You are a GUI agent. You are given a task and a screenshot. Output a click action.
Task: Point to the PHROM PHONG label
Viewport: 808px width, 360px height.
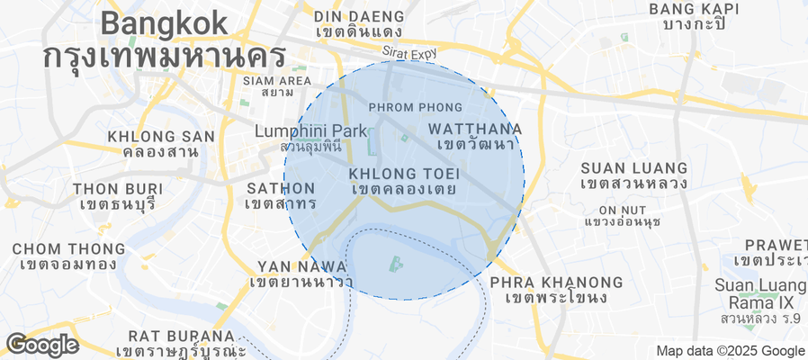(409, 107)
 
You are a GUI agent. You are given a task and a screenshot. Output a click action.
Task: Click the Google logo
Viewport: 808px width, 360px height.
(41, 344)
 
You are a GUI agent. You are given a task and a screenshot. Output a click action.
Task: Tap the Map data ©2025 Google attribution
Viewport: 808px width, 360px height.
(730, 351)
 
